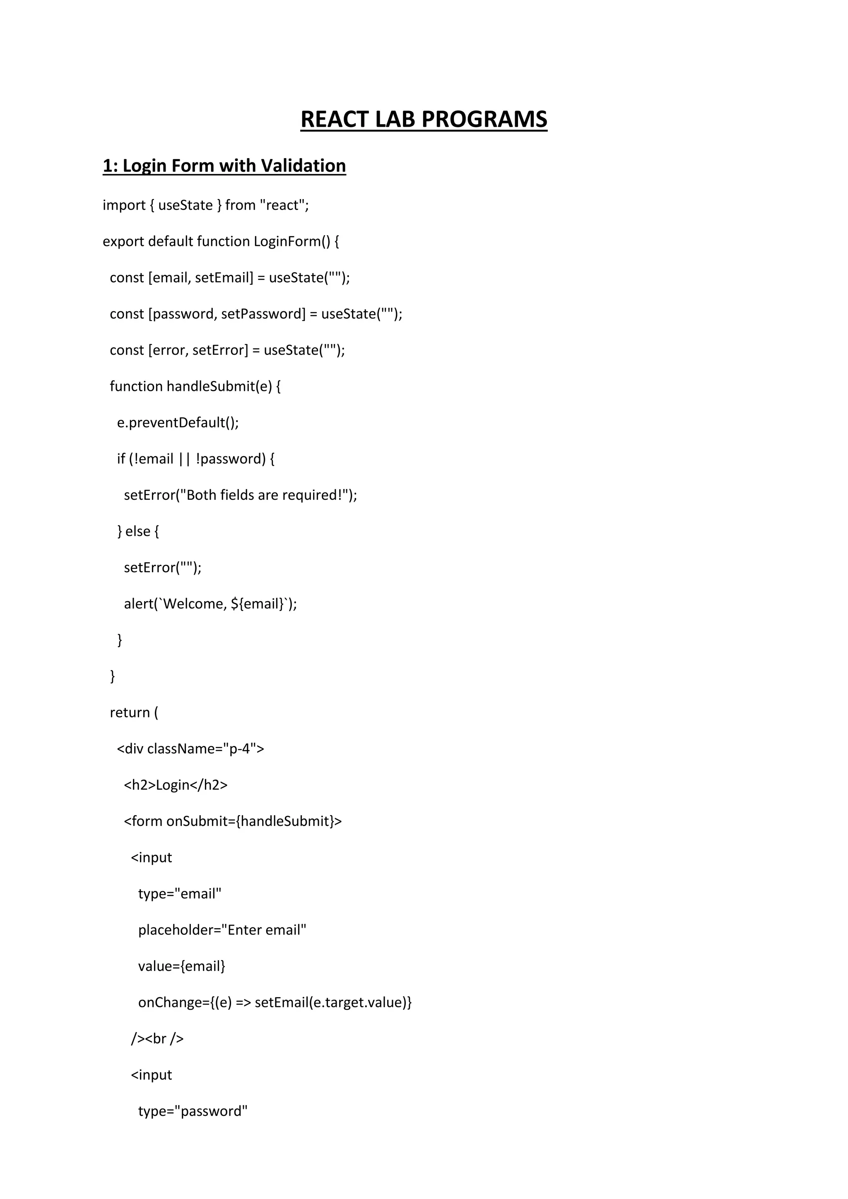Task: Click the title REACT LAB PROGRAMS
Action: [424, 119]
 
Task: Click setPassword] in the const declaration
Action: [263, 314]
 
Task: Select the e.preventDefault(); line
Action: [178, 422]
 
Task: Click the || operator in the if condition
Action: [184, 459]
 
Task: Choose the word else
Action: [138, 531]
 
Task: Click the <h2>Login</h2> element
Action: [176, 785]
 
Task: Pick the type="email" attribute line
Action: [180, 894]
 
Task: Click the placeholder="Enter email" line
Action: [222, 930]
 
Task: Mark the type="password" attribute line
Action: [193, 1111]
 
